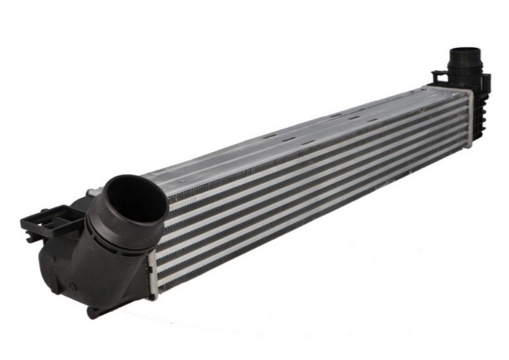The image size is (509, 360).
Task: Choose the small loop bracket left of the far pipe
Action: click(439, 77)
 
